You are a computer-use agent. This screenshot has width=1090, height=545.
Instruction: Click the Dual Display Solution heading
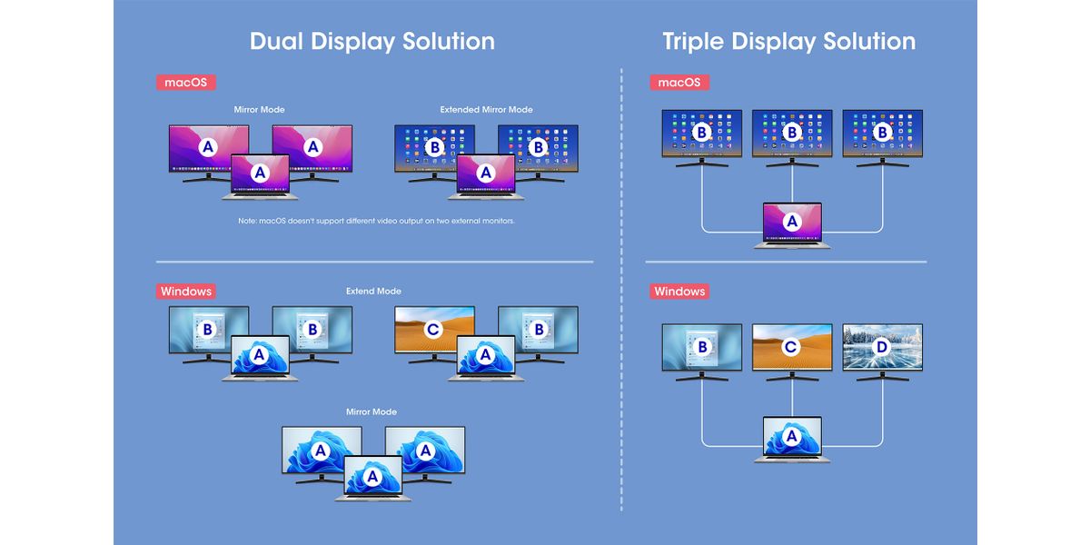point(372,42)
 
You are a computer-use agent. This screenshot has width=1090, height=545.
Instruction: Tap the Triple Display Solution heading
point(788,42)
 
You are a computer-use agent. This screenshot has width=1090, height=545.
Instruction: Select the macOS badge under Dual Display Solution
point(185,82)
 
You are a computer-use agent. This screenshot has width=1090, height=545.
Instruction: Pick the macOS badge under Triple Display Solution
point(679,82)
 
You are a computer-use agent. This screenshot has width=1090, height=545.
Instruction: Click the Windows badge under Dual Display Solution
point(185,292)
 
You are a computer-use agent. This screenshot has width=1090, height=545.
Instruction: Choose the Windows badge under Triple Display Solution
point(679,292)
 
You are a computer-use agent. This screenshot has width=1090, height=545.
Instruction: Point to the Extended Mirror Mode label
point(486,110)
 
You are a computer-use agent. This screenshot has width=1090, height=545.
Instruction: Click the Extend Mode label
point(373,292)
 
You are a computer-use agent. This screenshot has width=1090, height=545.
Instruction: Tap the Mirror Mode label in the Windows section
point(372,411)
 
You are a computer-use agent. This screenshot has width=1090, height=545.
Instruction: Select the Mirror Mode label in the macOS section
point(259,110)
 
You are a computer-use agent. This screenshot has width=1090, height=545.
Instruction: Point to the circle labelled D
point(882,347)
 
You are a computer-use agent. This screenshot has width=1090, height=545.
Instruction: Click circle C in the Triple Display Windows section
point(791,347)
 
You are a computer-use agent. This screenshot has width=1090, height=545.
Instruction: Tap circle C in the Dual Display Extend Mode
point(433,330)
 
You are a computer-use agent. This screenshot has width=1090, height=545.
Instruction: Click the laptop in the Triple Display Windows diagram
point(791,441)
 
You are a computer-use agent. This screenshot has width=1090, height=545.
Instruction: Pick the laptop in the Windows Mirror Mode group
point(372,478)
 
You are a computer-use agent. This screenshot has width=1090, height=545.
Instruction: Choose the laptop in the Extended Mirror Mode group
point(485,176)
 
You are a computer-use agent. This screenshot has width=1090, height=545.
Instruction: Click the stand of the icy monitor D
point(882,378)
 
